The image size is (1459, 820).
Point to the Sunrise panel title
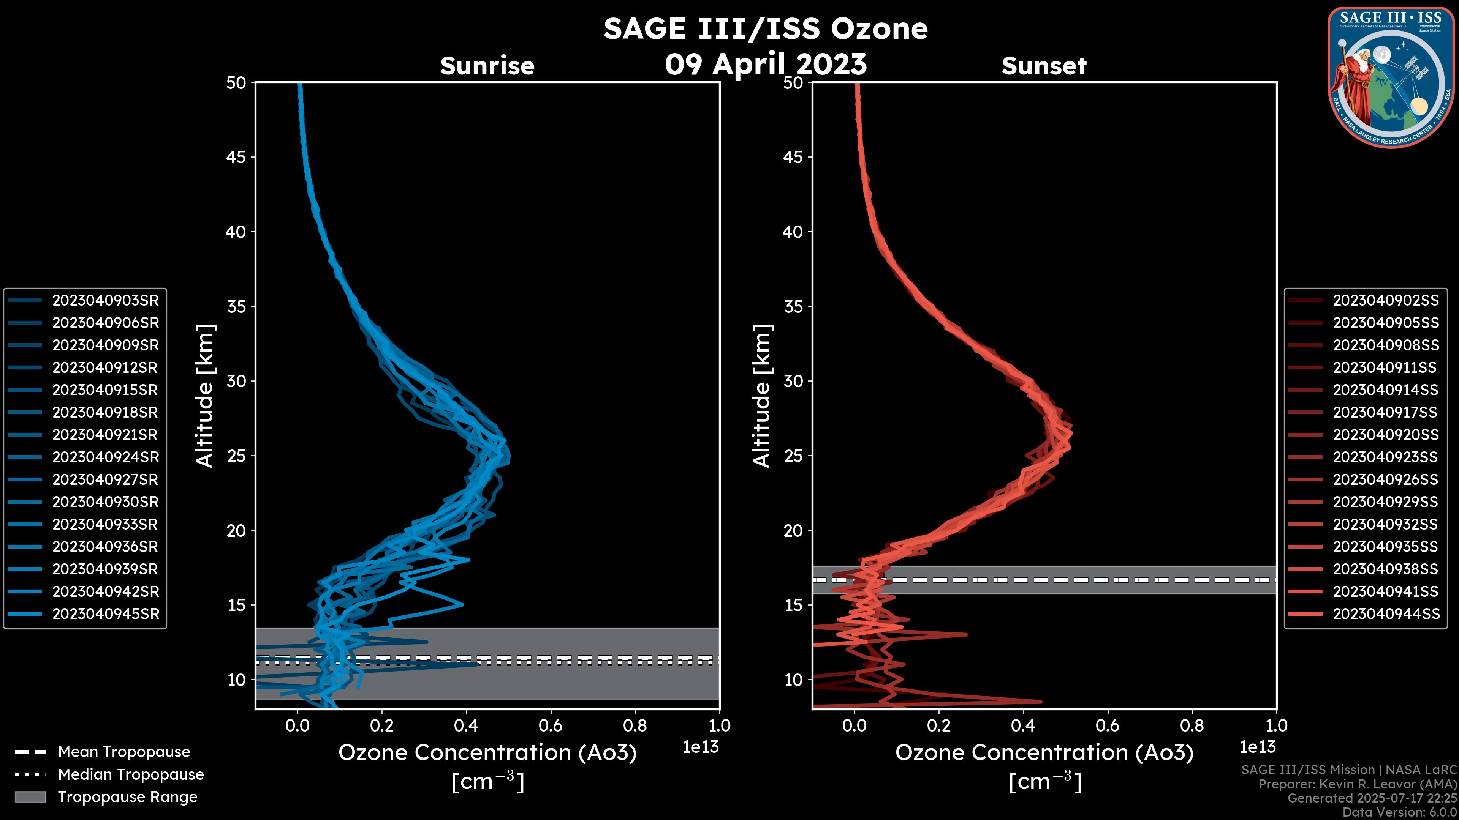point(487,66)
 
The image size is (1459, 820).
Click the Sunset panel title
point(1044,66)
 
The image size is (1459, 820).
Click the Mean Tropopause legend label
point(124,752)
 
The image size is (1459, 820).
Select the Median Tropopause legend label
point(131,775)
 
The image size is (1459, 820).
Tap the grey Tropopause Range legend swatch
point(30,797)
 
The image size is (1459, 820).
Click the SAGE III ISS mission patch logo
point(1391,77)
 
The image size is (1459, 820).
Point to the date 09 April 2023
point(766,64)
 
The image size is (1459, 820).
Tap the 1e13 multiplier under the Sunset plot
point(1257,747)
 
